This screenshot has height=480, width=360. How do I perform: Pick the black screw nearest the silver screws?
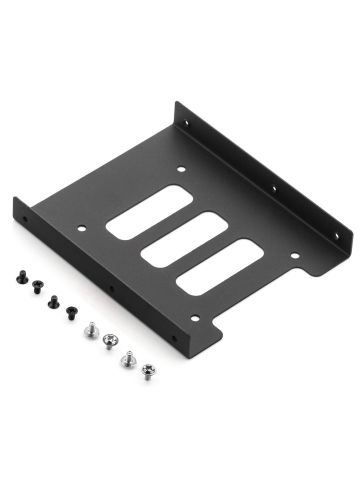72,311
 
